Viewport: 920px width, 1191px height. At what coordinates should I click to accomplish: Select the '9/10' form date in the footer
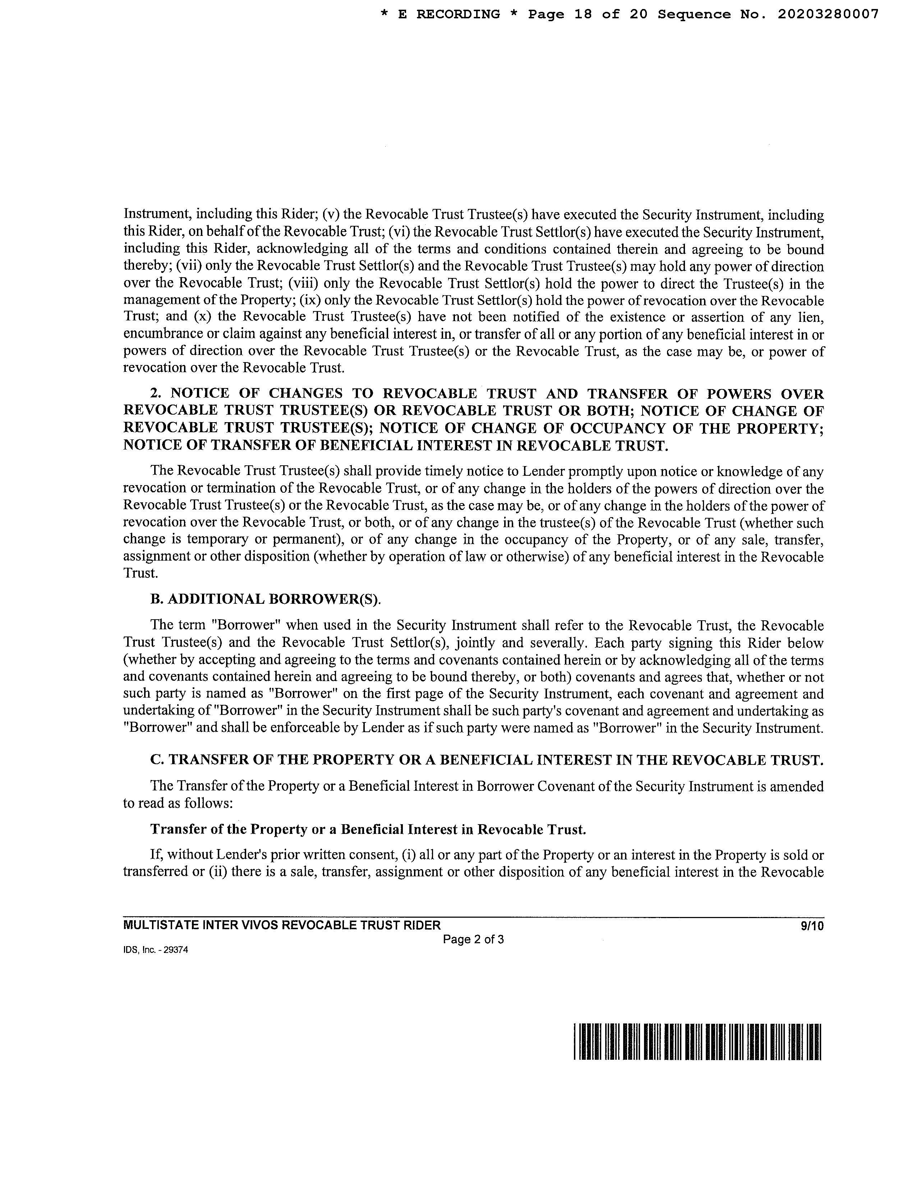tap(812, 925)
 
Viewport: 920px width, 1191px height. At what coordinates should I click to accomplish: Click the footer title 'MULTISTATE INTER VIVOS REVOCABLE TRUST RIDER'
tap(282, 925)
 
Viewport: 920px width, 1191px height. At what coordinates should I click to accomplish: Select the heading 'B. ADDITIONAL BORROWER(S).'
tap(266, 599)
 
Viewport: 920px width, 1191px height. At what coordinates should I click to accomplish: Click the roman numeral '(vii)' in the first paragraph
tap(189, 267)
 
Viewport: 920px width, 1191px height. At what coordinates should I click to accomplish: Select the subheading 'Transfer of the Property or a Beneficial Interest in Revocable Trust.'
tap(368, 830)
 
